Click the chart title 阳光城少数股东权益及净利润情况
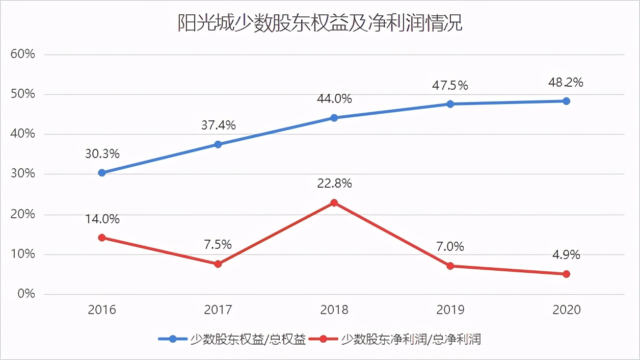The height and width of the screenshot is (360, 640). (319, 23)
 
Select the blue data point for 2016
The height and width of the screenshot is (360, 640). (102, 173)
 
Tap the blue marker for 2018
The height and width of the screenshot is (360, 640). (334, 118)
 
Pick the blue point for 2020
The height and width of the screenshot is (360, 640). (566, 101)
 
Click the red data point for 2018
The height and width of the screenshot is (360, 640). (334, 203)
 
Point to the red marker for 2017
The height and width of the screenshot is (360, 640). (218, 264)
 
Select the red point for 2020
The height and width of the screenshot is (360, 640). (566, 274)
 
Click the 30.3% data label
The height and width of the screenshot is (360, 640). (102, 153)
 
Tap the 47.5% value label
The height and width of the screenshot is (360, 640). (450, 85)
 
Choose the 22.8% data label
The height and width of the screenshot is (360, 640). (334, 184)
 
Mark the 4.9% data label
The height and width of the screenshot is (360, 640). (566, 254)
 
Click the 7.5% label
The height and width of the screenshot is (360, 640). (218, 245)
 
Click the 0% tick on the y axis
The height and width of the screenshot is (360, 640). (25, 294)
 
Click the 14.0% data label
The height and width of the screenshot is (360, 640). (102, 219)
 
